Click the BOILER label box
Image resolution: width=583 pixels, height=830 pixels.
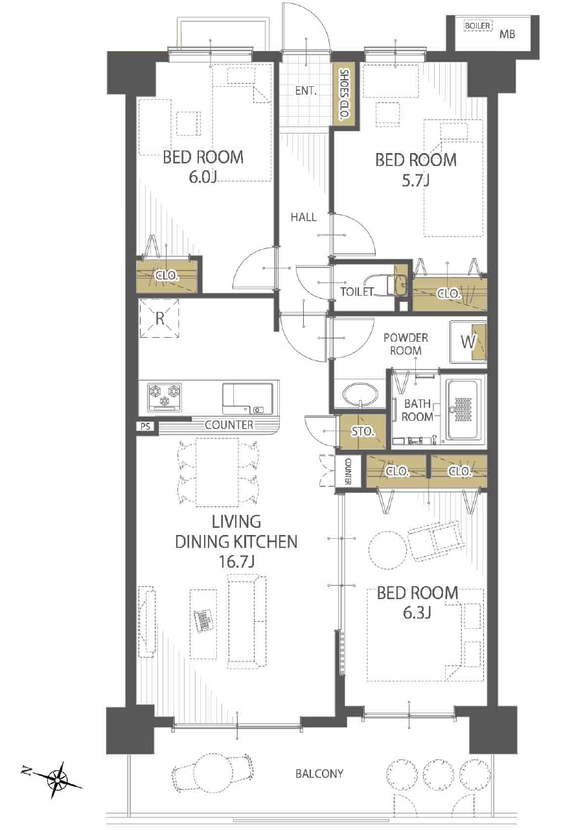[x=477, y=26]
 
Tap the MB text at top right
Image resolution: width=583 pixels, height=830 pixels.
[x=507, y=34]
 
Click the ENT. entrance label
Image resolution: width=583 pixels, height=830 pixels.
[x=306, y=91]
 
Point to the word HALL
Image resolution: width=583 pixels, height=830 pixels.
[x=304, y=217]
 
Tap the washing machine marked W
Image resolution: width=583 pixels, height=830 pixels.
[x=468, y=342]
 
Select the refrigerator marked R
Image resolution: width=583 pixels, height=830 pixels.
[x=159, y=318]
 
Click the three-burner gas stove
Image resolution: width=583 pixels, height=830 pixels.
[x=165, y=397]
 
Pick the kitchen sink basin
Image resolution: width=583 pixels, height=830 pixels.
[x=247, y=399]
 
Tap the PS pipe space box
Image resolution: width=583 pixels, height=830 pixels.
[x=146, y=427]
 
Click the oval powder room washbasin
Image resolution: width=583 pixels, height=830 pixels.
[x=360, y=393]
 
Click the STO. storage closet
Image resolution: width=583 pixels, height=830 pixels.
[x=363, y=432]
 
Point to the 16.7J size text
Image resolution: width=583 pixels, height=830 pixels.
[x=237, y=562]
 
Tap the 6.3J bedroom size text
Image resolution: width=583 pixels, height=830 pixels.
[x=417, y=613]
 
